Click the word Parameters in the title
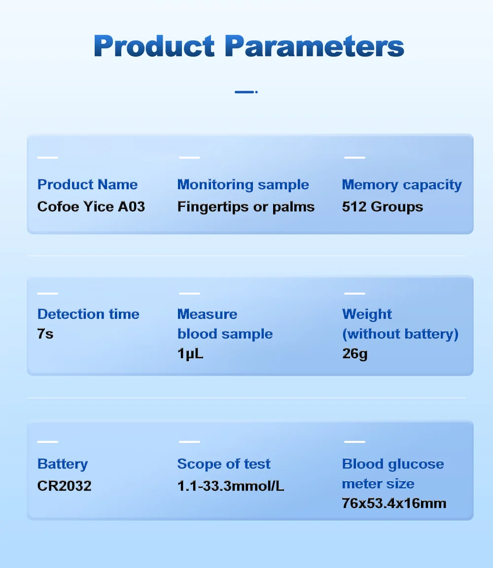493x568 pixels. pos(315,46)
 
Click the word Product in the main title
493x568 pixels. pos(154,46)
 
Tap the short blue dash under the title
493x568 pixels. pos(246,92)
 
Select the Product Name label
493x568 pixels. pos(87,184)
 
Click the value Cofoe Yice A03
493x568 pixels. pos(91,206)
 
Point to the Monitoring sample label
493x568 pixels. pos(243,185)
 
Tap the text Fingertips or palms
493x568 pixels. pos(246,207)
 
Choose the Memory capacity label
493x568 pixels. pos(402,185)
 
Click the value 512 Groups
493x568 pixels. pos(383,207)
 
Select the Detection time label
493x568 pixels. pos(88,314)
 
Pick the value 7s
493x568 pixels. pos(45,334)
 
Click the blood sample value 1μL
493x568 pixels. pos(190,354)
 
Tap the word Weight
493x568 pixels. pos(367,314)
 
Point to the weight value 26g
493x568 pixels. pos(355,354)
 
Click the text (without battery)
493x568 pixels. pos(400,334)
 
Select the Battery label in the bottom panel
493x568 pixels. pos(63,464)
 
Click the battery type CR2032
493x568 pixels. pos(64,486)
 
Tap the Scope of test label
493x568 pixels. pos(224,464)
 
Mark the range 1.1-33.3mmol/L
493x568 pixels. pos(231,486)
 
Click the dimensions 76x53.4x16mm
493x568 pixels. pos(394,503)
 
